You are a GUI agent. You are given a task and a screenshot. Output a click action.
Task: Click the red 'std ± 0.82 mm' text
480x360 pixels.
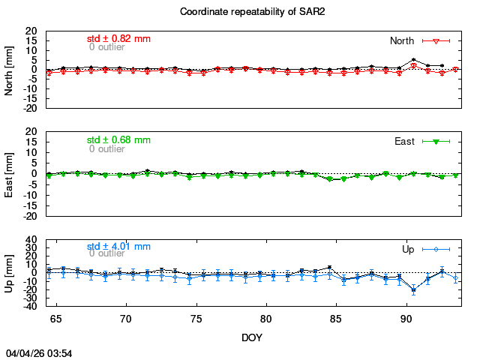(118, 38)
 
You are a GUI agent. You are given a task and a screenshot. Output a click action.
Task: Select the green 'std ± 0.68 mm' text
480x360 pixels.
(118, 139)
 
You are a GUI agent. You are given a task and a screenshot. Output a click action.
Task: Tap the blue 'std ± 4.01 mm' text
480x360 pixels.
(118, 246)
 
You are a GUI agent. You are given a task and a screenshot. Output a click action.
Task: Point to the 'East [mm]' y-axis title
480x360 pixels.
(10, 173)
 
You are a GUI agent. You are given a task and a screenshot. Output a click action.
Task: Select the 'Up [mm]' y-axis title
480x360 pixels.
(10, 273)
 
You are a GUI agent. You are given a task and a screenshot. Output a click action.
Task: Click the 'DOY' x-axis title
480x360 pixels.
(252, 337)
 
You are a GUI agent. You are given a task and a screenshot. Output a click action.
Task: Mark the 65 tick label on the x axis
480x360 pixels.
(57, 318)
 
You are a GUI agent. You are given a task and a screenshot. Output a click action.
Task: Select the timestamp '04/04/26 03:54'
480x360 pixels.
(39, 352)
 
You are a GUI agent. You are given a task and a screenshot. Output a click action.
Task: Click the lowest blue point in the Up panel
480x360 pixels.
(413, 290)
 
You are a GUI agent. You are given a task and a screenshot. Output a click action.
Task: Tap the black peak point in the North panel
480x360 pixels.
(414, 60)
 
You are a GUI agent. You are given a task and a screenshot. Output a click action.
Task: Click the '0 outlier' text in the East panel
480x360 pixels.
(107, 148)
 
